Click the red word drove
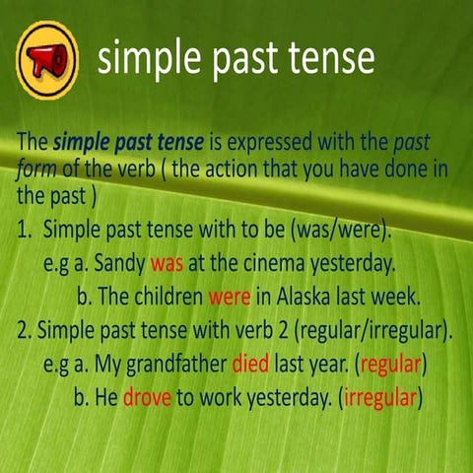pyautogui.click(x=148, y=399)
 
